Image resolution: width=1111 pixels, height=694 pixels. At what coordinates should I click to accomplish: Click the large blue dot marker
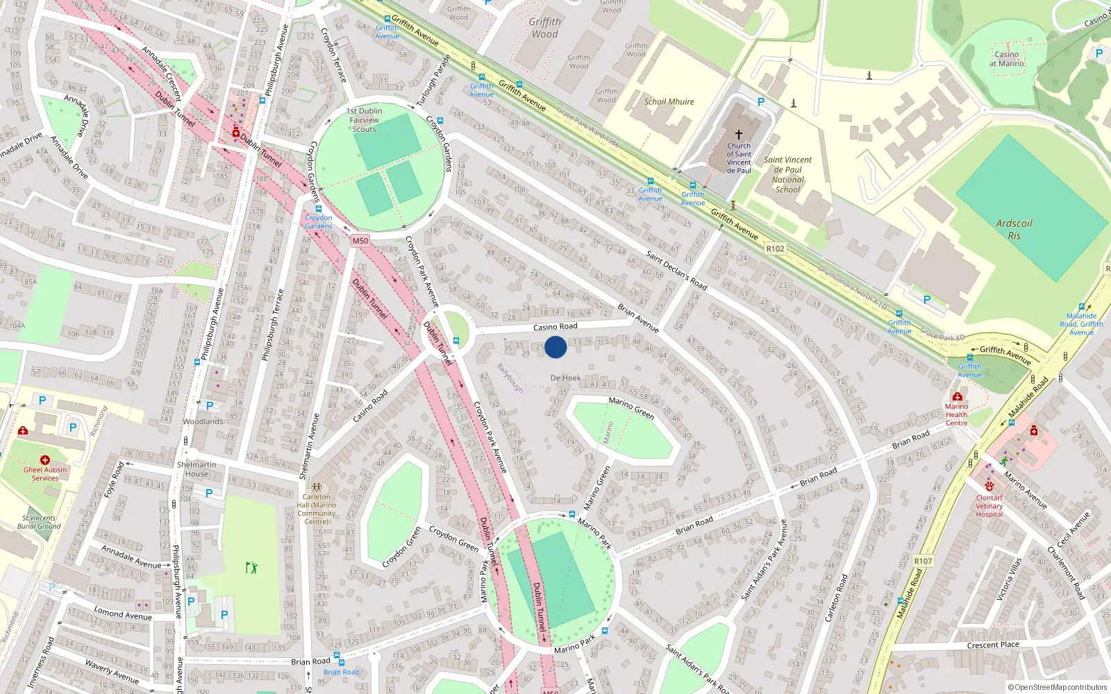coord(555,347)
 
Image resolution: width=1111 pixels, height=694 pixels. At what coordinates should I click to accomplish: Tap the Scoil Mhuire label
coord(669,101)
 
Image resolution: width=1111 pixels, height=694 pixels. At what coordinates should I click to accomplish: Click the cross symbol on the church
coord(739,134)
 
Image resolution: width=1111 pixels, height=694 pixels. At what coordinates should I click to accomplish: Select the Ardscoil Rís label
coord(1014,229)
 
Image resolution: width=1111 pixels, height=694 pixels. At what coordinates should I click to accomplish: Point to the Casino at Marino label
coord(1006,59)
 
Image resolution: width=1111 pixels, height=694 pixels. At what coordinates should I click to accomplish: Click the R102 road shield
coord(775,248)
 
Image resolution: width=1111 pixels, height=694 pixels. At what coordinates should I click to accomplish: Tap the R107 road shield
coord(923,561)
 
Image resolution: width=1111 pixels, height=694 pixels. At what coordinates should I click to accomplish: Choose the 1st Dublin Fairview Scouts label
coord(364,120)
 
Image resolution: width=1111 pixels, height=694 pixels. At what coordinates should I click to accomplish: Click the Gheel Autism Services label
coord(45,473)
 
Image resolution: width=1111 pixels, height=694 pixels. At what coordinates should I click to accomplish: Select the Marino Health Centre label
coord(956,414)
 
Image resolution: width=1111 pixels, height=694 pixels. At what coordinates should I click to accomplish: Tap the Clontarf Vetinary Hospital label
coord(989,506)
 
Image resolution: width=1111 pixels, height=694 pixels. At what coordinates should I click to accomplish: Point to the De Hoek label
coord(565,378)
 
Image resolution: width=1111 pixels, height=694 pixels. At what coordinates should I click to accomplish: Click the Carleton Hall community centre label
coord(317,509)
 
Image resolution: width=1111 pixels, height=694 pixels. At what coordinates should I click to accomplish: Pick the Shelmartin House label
coord(197,469)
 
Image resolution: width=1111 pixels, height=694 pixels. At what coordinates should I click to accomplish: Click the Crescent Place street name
coord(993,645)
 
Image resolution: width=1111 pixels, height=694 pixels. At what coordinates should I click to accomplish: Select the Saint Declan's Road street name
coord(676,271)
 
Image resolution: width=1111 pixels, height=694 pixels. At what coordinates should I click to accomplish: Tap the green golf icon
coord(251,568)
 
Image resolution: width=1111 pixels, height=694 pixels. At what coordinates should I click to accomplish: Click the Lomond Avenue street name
coord(123,614)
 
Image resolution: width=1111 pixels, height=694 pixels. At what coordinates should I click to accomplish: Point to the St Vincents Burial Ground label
coord(39,522)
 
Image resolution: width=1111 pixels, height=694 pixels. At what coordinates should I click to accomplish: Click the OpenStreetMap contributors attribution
coord(1057,688)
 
